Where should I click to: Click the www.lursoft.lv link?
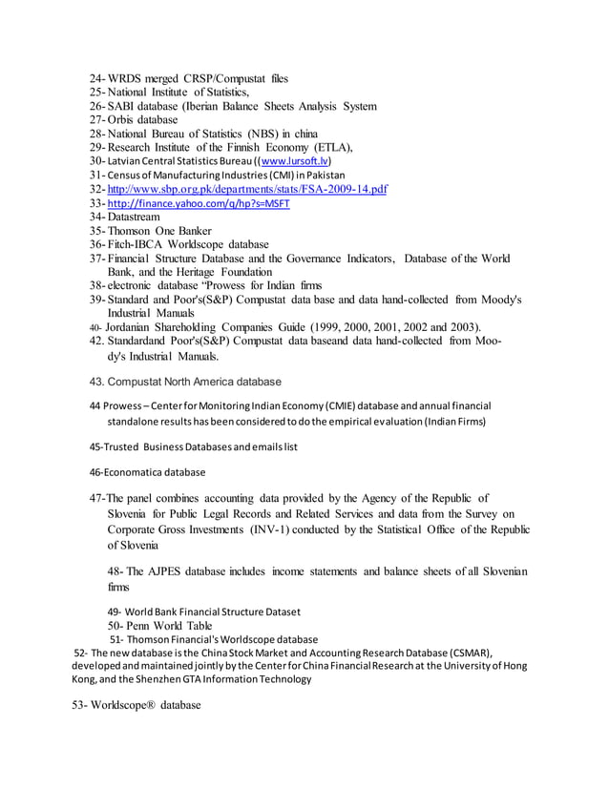288,161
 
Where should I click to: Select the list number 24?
95,78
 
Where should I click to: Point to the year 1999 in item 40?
349,326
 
